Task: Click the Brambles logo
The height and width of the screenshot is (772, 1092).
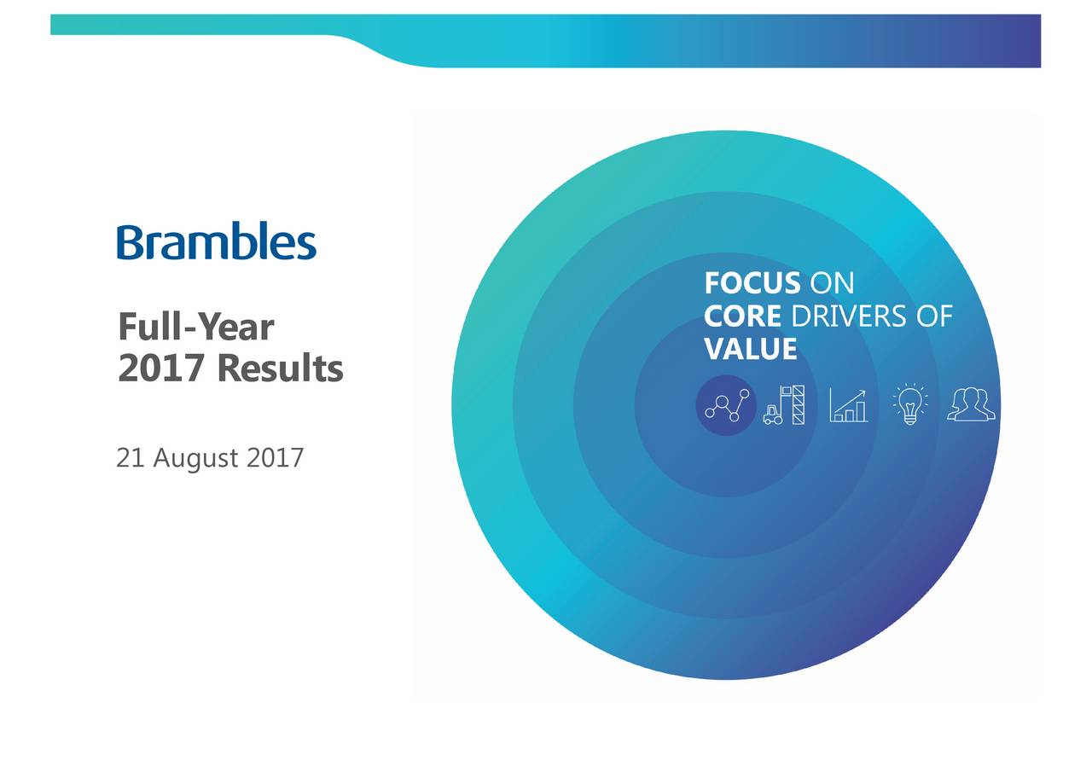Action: pyautogui.click(x=217, y=242)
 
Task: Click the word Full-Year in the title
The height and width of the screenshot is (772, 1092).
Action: pyautogui.click(x=196, y=327)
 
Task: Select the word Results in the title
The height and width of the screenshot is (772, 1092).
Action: pyautogui.click(x=279, y=369)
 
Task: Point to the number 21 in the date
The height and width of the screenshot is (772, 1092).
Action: pyautogui.click(x=129, y=459)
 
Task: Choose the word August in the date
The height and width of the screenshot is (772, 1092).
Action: pyautogui.click(x=195, y=460)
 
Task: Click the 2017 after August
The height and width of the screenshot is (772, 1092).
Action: pyautogui.click(x=275, y=459)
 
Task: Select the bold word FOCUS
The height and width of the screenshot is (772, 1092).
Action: pyautogui.click(x=752, y=284)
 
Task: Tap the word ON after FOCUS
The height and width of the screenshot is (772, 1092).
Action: pyautogui.click(x=831, y=284)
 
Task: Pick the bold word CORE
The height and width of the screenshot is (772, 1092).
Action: pyautogui.click(x=742, y=316)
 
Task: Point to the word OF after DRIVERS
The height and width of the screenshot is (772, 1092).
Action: pyautogui.click(x=934, y=316)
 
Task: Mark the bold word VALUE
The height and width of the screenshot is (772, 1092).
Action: pyautogui.click(x=751, y=349)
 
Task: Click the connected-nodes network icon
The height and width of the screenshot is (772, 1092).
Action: pyautogui.click(x=726, y=405)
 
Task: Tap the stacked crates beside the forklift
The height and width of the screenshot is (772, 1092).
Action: pyautogui.click(x=798, y=404)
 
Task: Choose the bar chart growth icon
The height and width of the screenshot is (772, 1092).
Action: pyautogui.click(x=848, y=405)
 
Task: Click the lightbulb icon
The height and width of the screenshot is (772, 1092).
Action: pyautogui.click(x=910, y=404)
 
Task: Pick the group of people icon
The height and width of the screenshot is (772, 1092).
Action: pyautogui.click(x=971, y=404)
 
